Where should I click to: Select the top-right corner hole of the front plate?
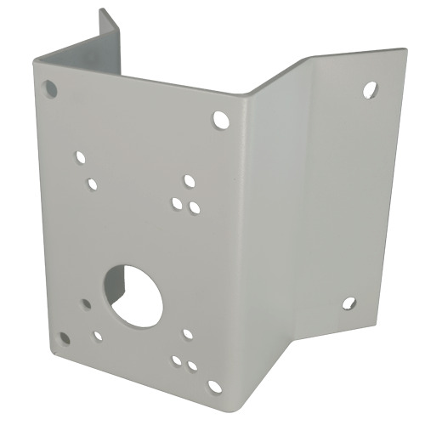221,120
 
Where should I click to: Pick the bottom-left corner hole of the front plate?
65,338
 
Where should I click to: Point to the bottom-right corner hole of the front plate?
214,387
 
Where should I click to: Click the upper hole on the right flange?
369,89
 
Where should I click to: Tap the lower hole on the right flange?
348,302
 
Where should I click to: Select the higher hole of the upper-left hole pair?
81,158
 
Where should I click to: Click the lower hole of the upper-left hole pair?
92,184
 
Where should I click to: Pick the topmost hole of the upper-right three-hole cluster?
189,181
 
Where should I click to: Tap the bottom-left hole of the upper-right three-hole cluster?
177,203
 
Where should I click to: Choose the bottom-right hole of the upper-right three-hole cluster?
195,207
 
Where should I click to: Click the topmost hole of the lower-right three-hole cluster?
188,334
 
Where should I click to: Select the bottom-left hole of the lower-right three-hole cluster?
177,360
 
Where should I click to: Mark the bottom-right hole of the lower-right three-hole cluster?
193,366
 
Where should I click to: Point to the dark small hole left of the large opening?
86,303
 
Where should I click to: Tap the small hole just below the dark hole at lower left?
98,336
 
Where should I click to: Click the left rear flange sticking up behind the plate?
108,42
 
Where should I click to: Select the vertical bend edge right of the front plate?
246,238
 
